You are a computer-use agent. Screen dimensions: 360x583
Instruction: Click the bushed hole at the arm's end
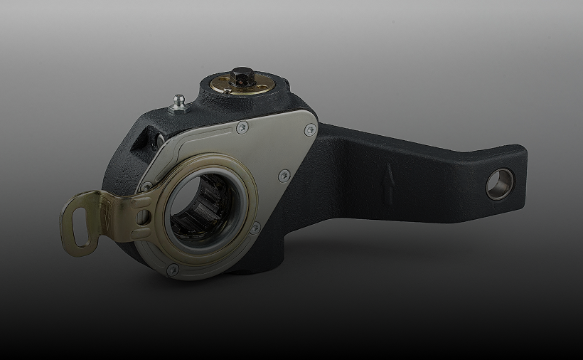click(x=500, y=184)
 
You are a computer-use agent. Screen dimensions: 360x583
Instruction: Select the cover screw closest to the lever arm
click(x=310, y=130)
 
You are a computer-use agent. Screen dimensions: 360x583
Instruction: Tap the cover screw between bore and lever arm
click(x=284, y=174)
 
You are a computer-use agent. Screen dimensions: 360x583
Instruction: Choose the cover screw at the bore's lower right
click(x=255, y=228)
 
